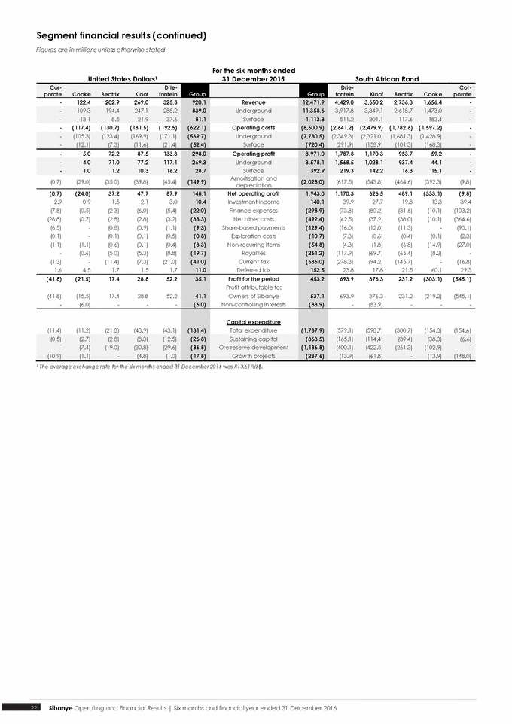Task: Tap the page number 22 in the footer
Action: coord(34,708)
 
